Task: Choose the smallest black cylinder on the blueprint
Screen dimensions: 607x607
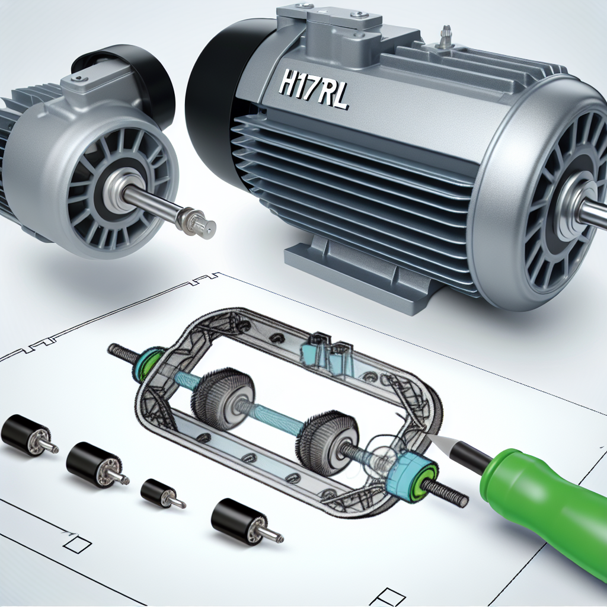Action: [157, 492]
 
